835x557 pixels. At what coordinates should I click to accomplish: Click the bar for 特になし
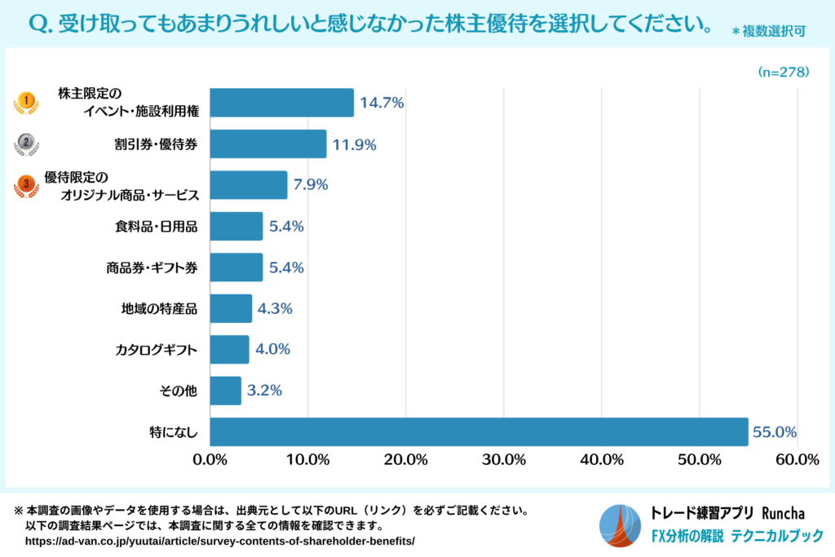point(479,431)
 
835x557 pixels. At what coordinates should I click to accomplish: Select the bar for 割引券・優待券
point(268,144)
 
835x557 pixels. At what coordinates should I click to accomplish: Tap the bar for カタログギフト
point(229,350)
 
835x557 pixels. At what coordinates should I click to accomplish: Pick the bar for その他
point(226,391)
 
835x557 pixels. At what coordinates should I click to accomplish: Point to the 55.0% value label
point(774,432)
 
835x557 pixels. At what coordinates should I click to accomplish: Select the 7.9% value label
point(310,185)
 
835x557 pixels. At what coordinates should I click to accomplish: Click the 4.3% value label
point(275,309)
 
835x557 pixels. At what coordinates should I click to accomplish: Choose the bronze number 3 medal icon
point(26,185)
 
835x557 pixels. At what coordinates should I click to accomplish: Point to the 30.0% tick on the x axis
point(503,459)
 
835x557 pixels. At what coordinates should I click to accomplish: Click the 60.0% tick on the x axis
point(797,459)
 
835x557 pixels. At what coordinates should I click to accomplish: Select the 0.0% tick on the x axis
point(210,459)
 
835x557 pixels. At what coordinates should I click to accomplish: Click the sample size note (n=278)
point(783,72)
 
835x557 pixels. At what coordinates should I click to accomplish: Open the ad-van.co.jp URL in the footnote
point(220,541)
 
